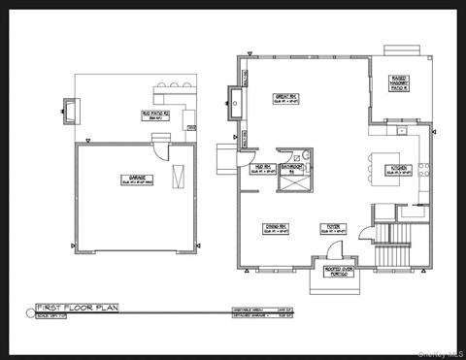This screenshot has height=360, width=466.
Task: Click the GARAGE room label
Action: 125,179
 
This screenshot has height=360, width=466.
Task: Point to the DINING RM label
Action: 274,230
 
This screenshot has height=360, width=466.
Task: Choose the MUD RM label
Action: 261,167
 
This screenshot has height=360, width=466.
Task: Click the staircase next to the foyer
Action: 395,251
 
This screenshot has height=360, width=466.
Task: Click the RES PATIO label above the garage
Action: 154,114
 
